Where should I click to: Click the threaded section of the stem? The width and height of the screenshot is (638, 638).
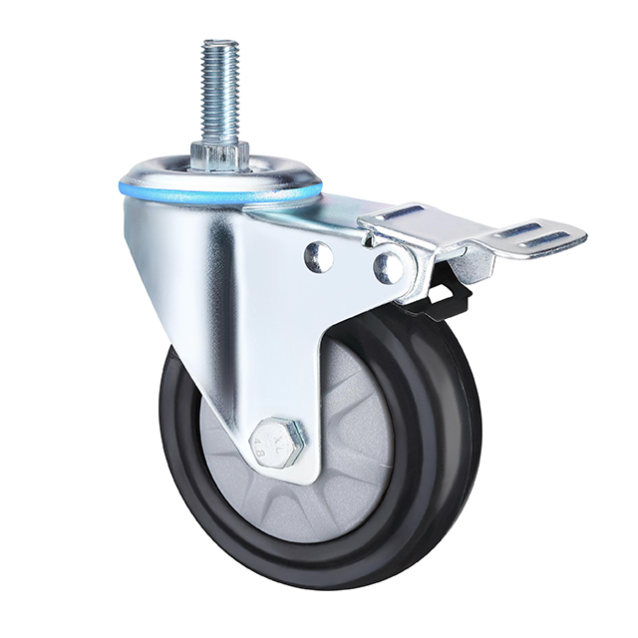tap(220, 85)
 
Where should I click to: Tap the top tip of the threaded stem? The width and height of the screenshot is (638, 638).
tap(220, 43)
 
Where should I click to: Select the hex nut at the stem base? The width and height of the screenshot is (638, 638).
tap(220, 156)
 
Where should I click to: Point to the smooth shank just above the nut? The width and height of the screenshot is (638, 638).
tap(220, 134)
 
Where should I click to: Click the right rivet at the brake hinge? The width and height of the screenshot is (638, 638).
tap(387, 265)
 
